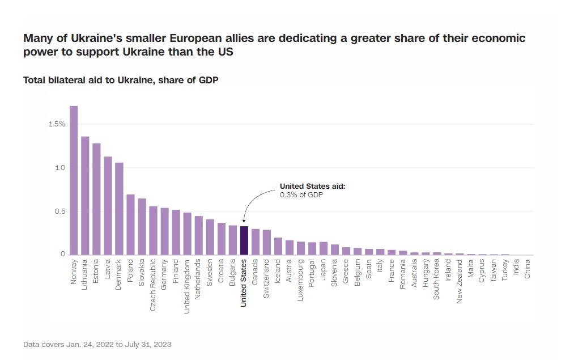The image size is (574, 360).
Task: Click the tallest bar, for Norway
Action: click(x=74, y=180)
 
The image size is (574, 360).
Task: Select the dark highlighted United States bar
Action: click(x=244, y=240)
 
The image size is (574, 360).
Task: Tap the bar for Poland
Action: click(x=130, y=225)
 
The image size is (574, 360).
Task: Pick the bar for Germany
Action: click(x=164, y=231)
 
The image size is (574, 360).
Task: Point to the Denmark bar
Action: click(x=119, y=209)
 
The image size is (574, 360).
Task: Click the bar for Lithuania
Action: click(x=85, y=196)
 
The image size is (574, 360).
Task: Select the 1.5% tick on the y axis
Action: click(x=57, y=124)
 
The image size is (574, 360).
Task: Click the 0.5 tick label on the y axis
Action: click(x=59, y=211)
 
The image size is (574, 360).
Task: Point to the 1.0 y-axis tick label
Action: click(x=59, y=168)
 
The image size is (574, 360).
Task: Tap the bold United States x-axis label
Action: click(x=244, y=283)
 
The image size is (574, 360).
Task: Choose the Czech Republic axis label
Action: click(x=153, y=282)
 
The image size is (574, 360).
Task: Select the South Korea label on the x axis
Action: click(x=437, y=279)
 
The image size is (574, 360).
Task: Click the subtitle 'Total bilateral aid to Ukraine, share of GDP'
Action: click(x=121, y=81)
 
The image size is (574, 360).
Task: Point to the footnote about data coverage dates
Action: click(x=97, y=344)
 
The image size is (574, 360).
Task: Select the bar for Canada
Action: click(x=256, y=242)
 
